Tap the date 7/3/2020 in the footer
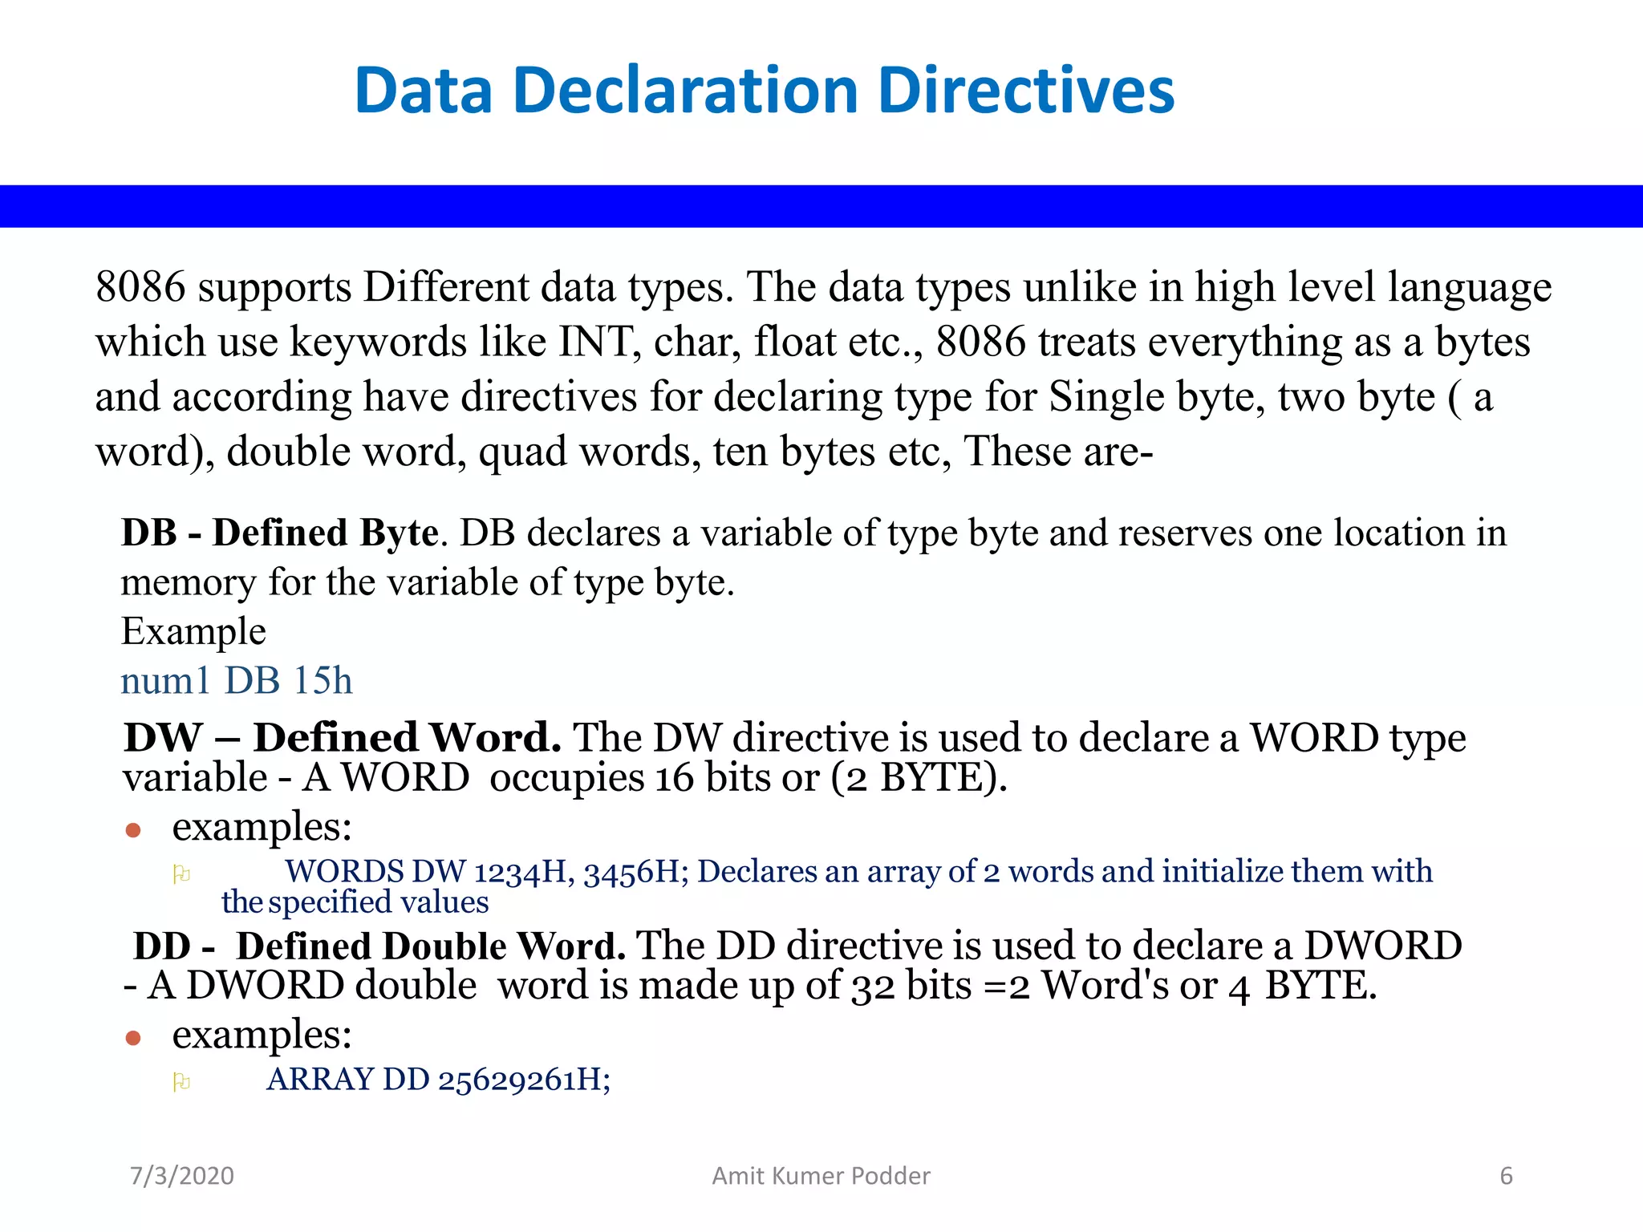pyautogui.click(x=182, y=1176)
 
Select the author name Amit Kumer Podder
pyautogui.click(x=821, y=1176)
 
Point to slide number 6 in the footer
pyautogui.click(x=1506, y=1176)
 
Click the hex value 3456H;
pyautogui.click(x=635, y=872)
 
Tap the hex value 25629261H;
pyautogui.click(x=524, y=1080)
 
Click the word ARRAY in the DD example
pyautogui.click(x=320, y=1080)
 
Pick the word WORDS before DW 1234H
pyautogui.click(x=344, y=872)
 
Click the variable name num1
pyautogui.click(x=165, y=681)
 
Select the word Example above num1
pyautogui.click(x=193, y=631)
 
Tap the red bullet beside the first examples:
pyautogui.click(x=133, y=830)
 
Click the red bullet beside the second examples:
pyautogui.click(x=133, y=1038)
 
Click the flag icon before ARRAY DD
pyautogui.click(x=181, y=1083)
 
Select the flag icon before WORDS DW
pyautogui.click(x=181, y=874)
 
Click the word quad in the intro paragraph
pyautogui.click(x=522, y=452)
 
